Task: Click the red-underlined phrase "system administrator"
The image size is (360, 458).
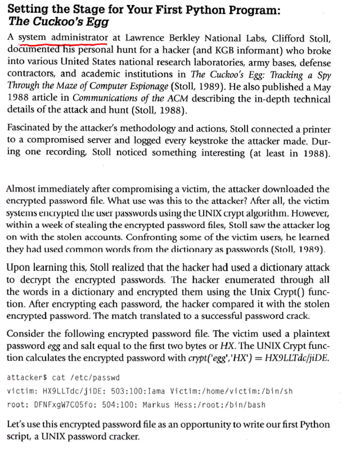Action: tap(63, 38)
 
